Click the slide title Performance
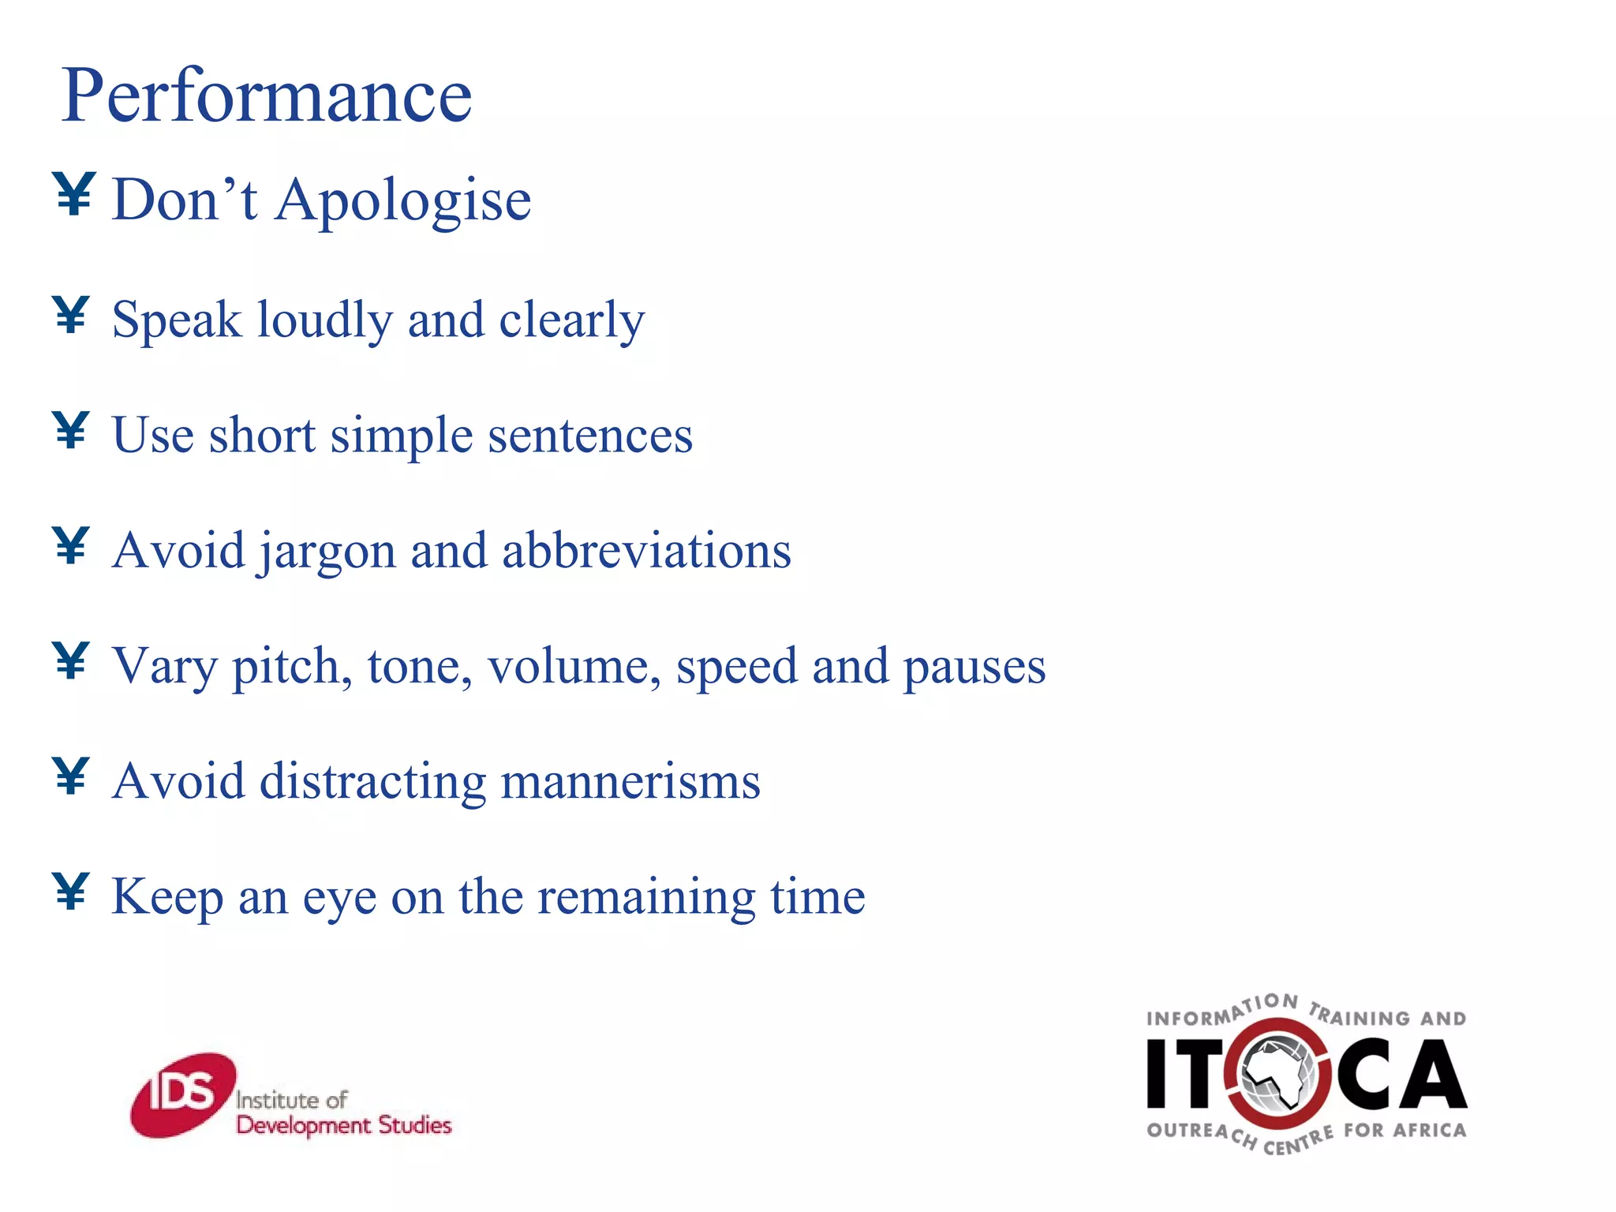tap(267, 96)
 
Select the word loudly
tap(325, 320)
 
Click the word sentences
tap(590, 436)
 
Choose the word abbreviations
tap(646, 550)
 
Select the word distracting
tap(372, 782)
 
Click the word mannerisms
tap(630, 782)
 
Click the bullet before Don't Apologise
tap(75, 193)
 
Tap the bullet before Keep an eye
tap(71, 891)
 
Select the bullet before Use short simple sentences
tap(71, 430)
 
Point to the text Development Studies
tap(344, 1125)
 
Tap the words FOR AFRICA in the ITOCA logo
tap(1405, 1131)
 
